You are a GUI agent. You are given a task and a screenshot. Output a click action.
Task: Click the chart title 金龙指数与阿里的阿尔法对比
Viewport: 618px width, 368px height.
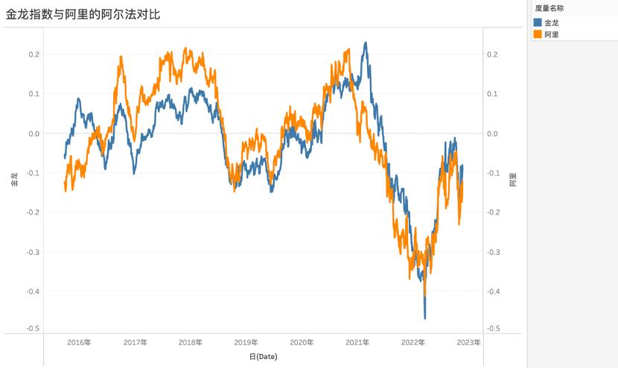pyautogui.click(x=83, y=13)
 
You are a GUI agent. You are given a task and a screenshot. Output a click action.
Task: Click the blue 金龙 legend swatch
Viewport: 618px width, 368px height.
pyautogui.click(x=538, y=22)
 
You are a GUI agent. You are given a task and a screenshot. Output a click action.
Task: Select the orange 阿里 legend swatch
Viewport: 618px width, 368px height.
pyautogui.click(x=538, y=34)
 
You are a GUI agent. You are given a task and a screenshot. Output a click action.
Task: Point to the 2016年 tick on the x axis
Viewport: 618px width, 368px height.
pyautogui.click(x=80, y=343)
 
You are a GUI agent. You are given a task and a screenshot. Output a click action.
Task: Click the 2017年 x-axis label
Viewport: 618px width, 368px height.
pyautogui.click(x=136, y=343)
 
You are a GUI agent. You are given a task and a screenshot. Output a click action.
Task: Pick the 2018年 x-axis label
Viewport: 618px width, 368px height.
pyautogui.click(x=191, y=343)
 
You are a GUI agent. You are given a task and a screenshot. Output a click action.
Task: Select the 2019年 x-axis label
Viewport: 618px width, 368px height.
pyautogui.click(x=246, y=343)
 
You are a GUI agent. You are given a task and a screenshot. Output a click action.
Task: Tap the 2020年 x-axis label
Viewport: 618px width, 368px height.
pyautogui.click(x=302, y=343)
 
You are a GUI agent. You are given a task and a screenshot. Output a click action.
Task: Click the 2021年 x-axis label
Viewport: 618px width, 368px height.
pyautogui.click(x=357, y=343)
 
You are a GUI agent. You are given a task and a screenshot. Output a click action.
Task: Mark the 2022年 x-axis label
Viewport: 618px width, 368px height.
pyautogui.click(x=413, y=343)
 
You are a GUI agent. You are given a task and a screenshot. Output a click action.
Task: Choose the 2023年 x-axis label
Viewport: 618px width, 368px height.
pyautogui.click(x=468, y=343)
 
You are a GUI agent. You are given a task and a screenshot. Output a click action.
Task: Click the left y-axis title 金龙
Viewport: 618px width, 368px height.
pyautogui.click(x=14, y=179)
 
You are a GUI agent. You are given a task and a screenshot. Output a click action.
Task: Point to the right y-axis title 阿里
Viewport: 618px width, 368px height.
pyautogui.click(x=512, y=179)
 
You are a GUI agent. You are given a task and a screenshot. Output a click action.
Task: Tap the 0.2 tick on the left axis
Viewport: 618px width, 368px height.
pyautogui.click(x=34, y=54)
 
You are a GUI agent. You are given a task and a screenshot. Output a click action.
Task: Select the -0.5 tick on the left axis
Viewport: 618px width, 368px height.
pyautogui.click(x=32, y=329)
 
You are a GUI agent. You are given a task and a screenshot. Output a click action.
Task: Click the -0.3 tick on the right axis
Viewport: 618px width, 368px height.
pyautogui.click(x=493, y=252)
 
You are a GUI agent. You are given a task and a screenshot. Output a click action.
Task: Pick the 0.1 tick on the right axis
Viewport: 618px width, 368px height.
pyautogui.click(x=492, y=94)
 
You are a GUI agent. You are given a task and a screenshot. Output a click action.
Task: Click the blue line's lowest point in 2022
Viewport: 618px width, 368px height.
pyautogui.click(x=425, y=318)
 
